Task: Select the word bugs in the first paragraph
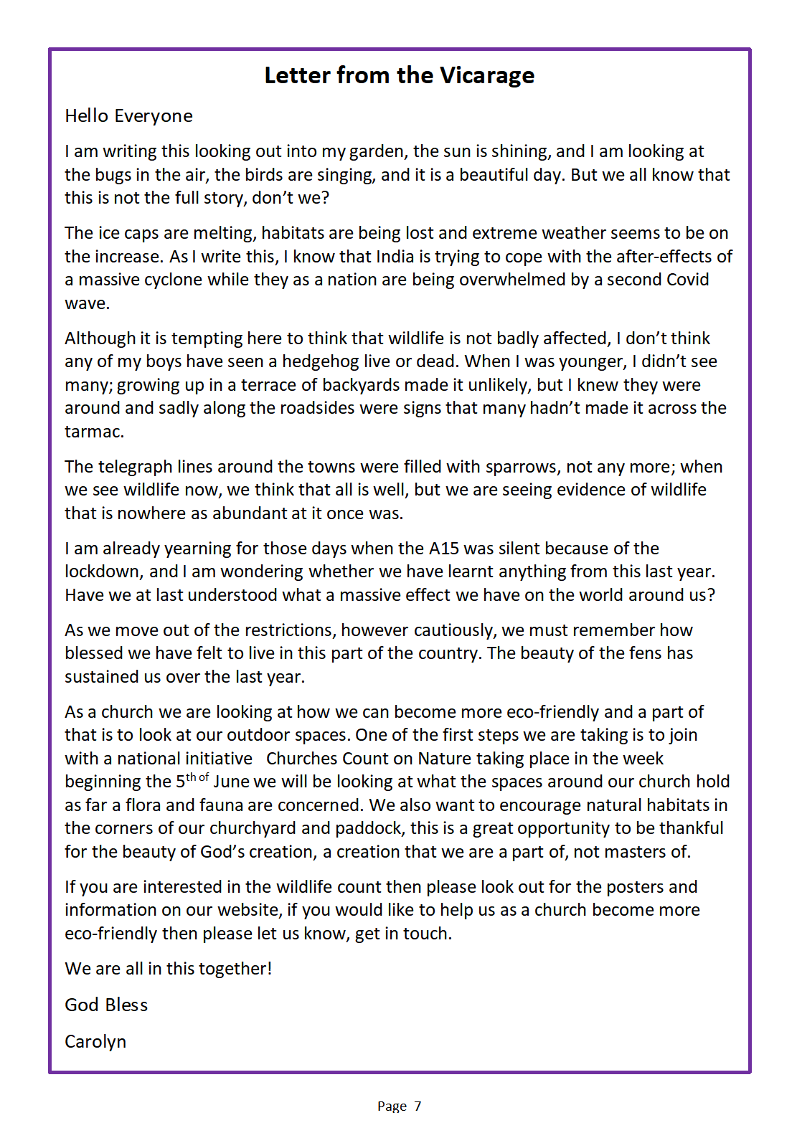(x=112, y=175)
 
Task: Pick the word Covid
(x=683, y=280)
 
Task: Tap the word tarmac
(x=93, y=432)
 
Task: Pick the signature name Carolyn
(x=95, y=1042)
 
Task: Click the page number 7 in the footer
(x=418, y=1106)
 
